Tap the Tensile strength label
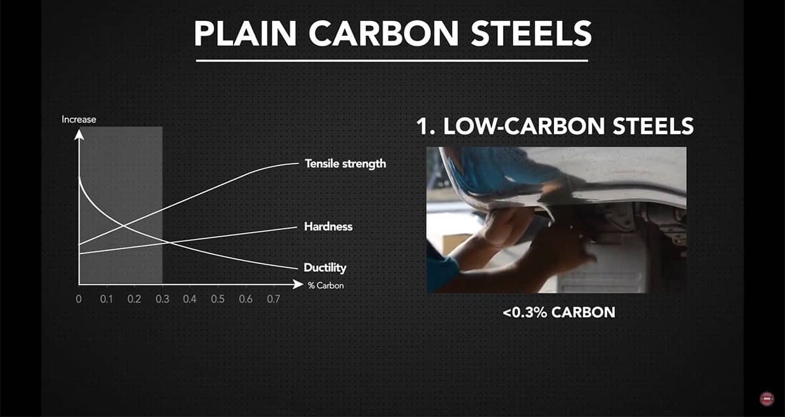[345, 163]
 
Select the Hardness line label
[328, 227]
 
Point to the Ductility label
[325, 268]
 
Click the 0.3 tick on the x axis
[162, 299]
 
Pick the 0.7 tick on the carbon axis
[273, 299]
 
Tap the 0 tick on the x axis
[78, 299]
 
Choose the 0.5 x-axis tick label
[218, 299]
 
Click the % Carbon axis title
[326, 286]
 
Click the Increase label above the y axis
[78, 120]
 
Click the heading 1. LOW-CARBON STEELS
[555, 126]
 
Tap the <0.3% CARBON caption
[559, 312]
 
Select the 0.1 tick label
[106, 299]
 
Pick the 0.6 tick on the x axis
[245, 299]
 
